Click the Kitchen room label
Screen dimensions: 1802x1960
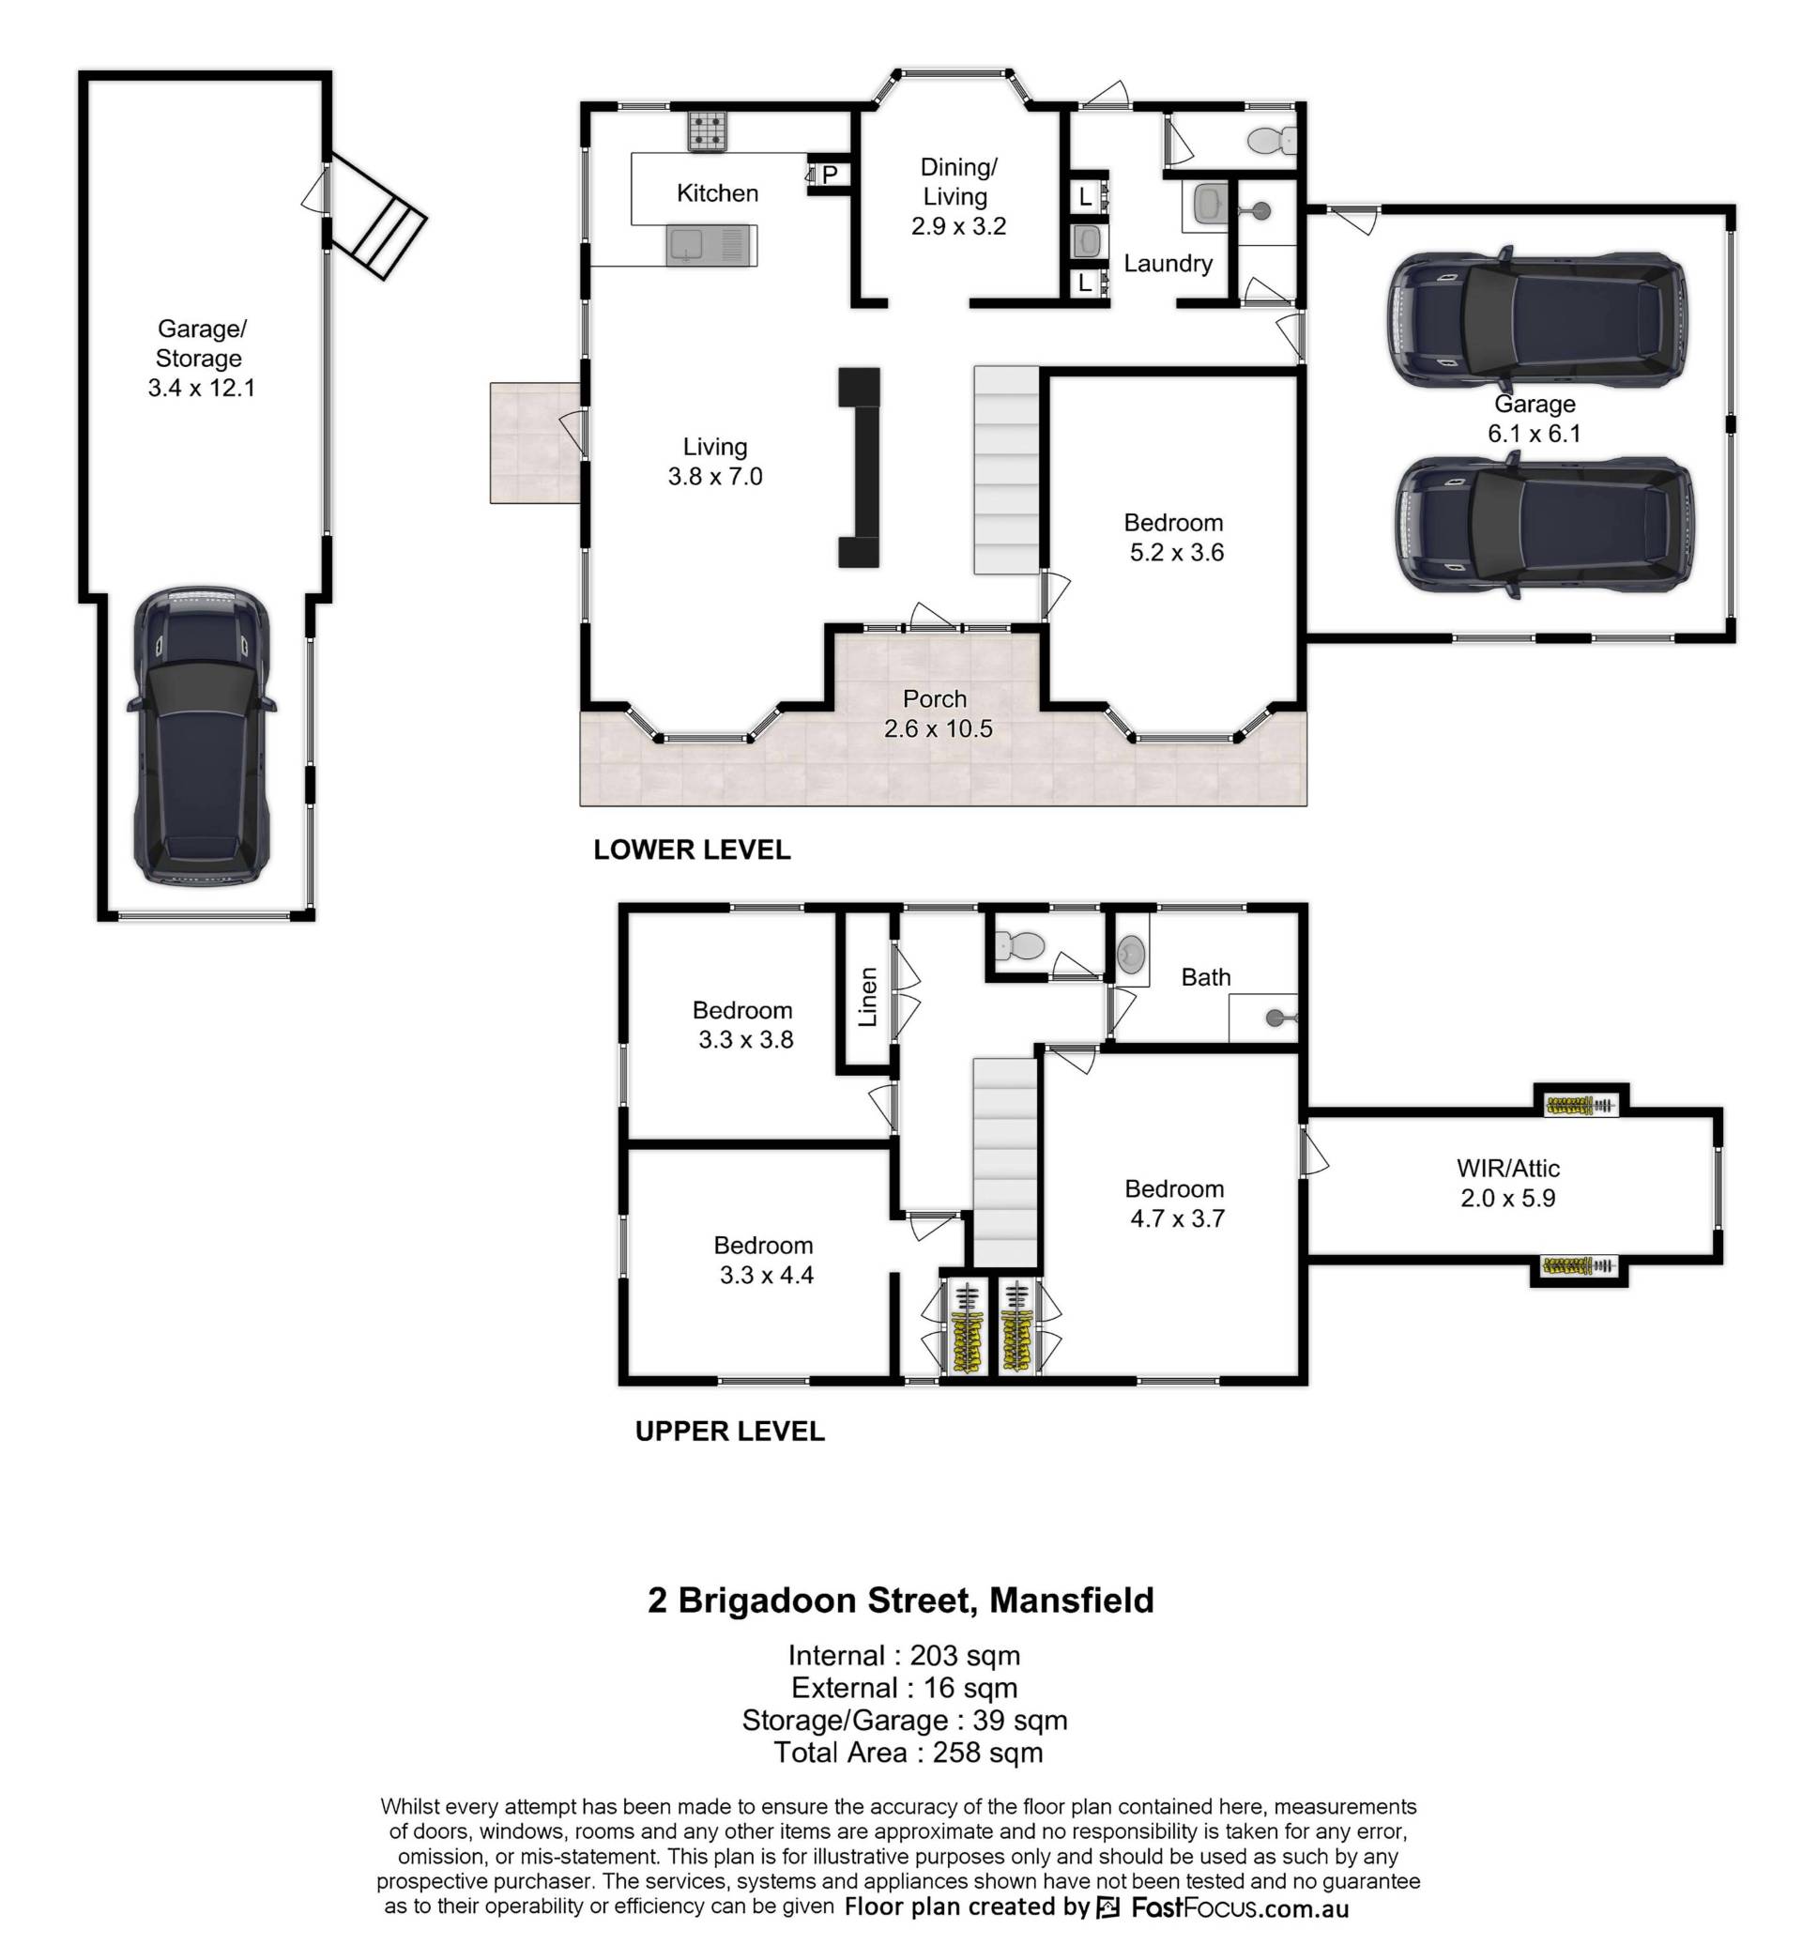point(717,193)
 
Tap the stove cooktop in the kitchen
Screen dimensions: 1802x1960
point(707,130)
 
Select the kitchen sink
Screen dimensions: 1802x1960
point(710,244)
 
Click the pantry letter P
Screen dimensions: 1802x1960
point(830,175)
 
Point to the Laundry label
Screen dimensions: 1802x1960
point(1168,263)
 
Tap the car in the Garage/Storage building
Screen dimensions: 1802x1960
point(202,736)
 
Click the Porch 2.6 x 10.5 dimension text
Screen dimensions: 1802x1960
point(938,728)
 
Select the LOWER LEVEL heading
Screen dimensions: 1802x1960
point(692,850)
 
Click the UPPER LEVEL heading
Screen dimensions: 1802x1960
point(729,1431)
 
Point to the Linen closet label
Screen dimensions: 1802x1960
point(867,997)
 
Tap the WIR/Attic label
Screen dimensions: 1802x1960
point(1507,1168)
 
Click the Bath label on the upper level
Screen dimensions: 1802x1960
point(1205,977)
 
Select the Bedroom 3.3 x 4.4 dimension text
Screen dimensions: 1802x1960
point(767,1275)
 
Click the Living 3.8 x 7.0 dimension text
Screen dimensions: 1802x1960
point(715,476)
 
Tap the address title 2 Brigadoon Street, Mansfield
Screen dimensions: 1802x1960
point(901,1600)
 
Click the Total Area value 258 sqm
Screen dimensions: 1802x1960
point(987,1753)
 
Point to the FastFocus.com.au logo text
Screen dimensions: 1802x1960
point(1238,1907)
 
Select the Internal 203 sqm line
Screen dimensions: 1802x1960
point(904,1656)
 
